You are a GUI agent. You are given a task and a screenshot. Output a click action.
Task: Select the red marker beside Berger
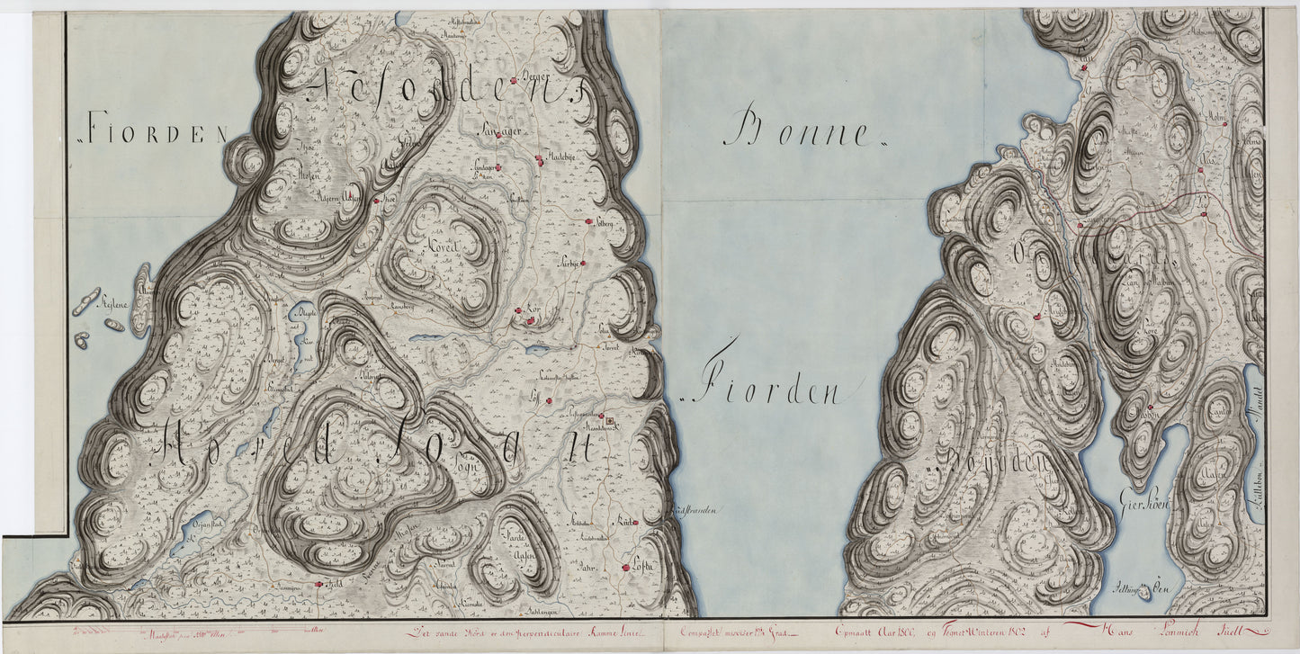tap(514, 81)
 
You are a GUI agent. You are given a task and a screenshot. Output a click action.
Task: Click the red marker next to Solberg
tap(589, 221)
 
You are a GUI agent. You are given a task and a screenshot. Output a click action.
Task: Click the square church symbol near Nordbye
tap(609, 420)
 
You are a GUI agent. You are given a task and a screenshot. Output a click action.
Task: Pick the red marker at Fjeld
tap(318, 583)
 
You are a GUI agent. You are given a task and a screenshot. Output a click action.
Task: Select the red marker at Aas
tap(1203, 214)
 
